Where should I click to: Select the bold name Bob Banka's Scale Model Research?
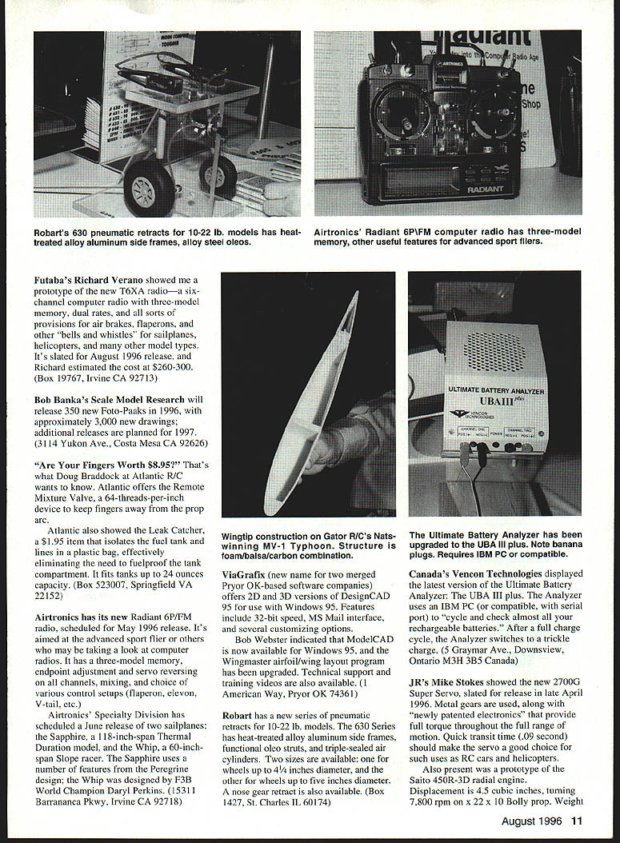coord(110,399)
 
